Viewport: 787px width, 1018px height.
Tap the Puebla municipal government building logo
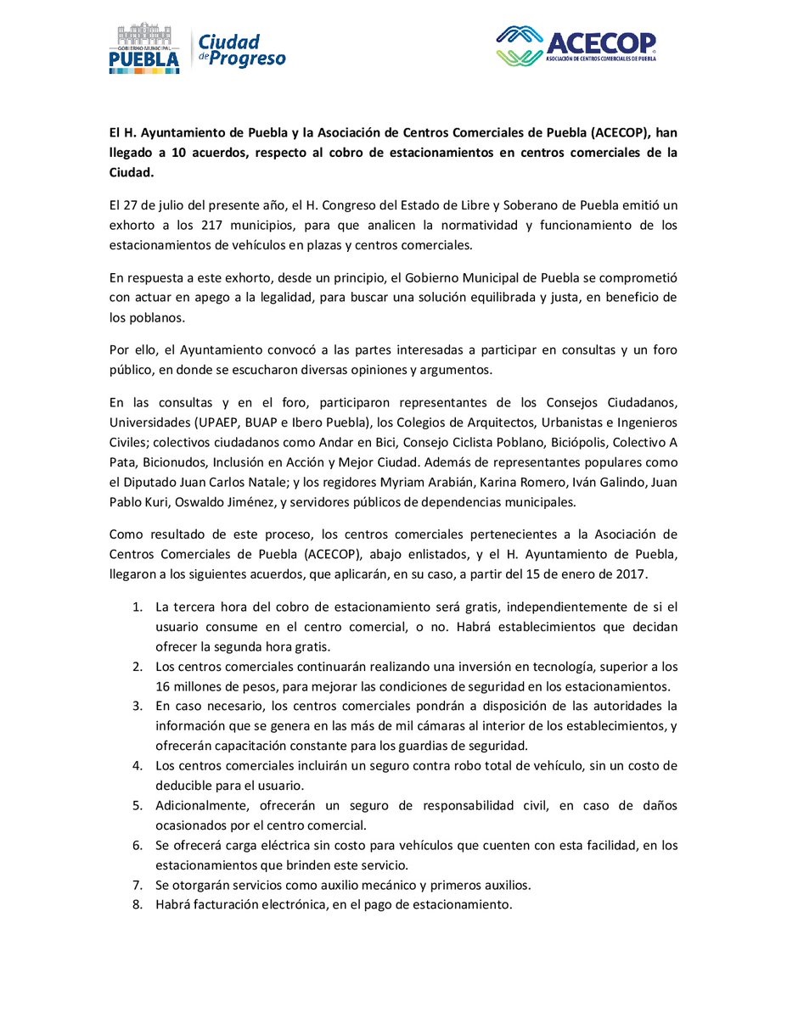143,48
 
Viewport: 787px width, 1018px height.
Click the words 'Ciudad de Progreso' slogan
241,50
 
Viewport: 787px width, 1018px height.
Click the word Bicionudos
177,462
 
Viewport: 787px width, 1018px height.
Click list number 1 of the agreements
138,607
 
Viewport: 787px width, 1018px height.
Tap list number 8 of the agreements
138,904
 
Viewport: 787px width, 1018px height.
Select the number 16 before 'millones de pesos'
164,686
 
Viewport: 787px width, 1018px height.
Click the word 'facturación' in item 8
228,904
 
